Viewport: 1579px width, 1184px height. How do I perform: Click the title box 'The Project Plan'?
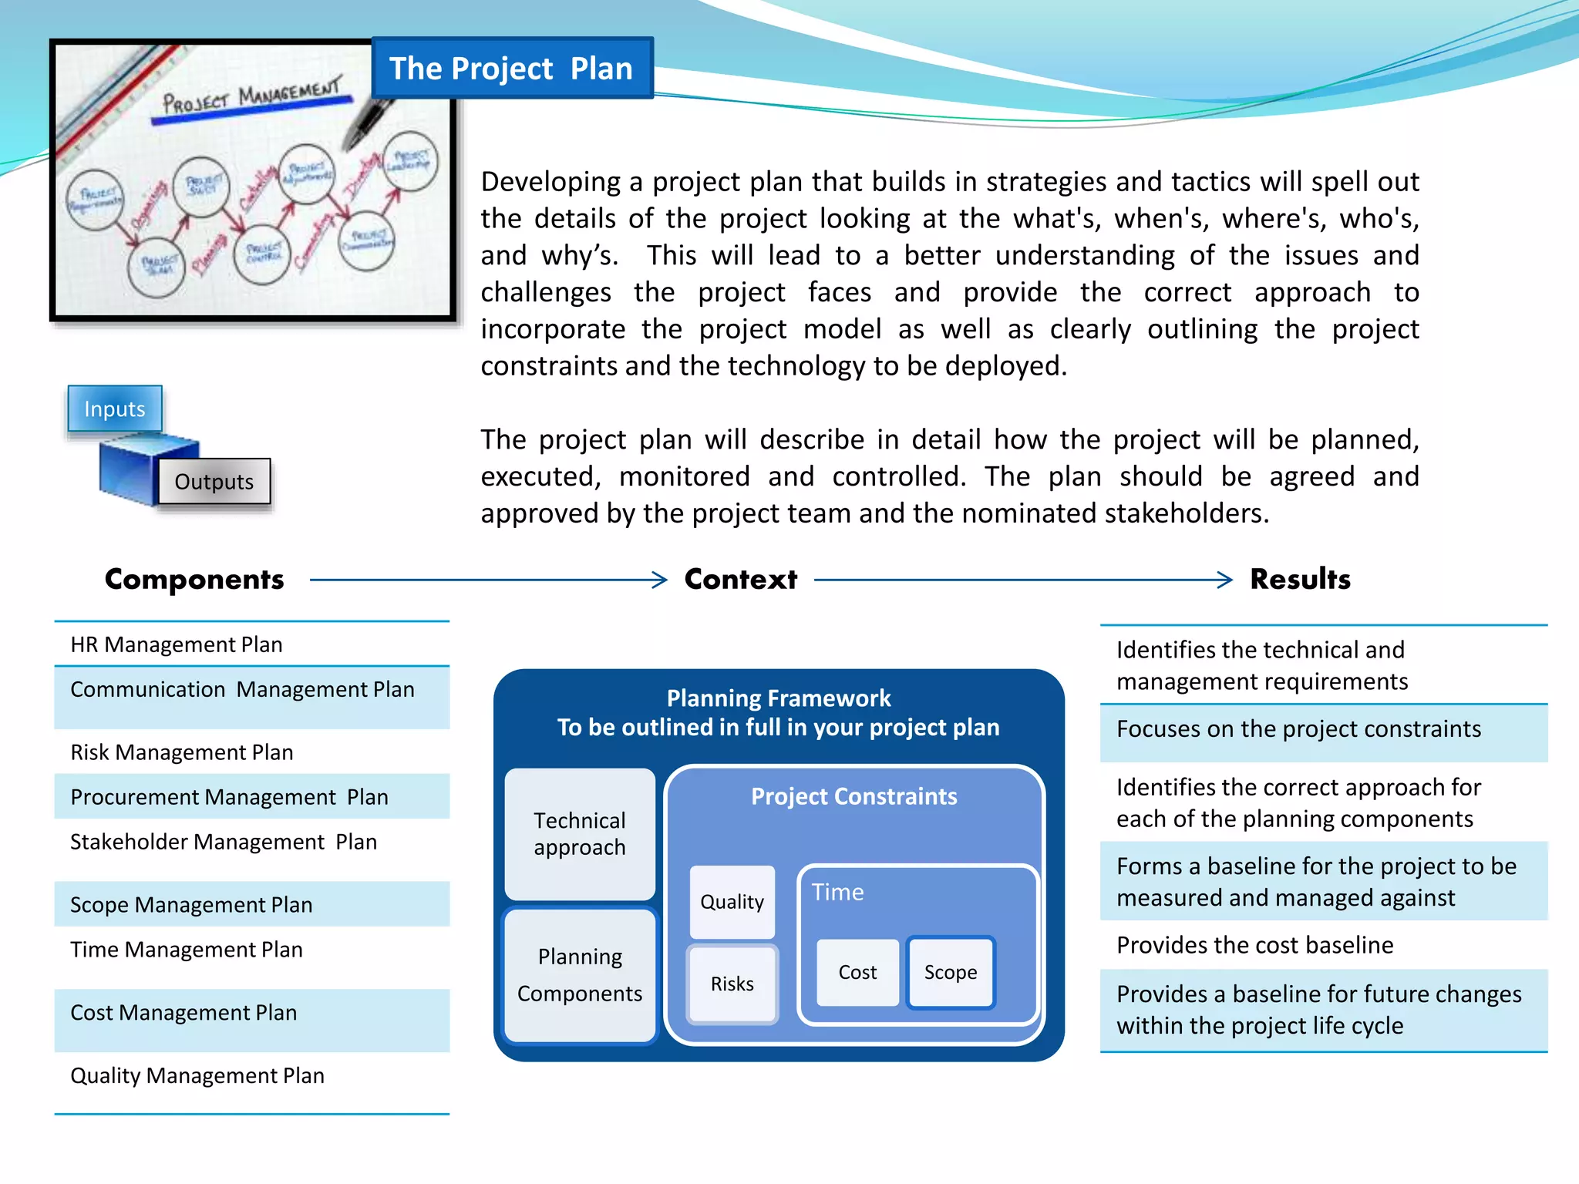coord(512,68)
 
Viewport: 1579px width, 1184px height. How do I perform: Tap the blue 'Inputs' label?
coord(115,409)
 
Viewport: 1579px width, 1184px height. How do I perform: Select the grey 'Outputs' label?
coord(214,482)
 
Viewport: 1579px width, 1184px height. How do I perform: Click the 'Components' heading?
coord(194,579)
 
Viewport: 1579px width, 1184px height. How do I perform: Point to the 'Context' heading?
coord(740,579)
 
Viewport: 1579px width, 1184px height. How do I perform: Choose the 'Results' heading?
coord(1300,579)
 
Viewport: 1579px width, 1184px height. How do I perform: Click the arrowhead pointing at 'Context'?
coord(659,580)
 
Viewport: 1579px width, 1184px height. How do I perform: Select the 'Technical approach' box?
coord(580,834)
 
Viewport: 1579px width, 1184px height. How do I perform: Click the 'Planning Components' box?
coord(580,975)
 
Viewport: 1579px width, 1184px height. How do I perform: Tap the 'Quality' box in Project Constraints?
coord(732,902)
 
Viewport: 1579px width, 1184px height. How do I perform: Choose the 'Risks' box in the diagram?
coord(732,984)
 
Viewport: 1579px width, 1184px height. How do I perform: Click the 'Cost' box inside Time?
coord(857,973)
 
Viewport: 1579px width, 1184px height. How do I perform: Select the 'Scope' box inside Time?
coord(951,973)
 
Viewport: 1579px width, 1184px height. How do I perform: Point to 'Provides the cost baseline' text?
coord(1254,945)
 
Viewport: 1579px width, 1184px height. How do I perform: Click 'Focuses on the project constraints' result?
coord(1298,729)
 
